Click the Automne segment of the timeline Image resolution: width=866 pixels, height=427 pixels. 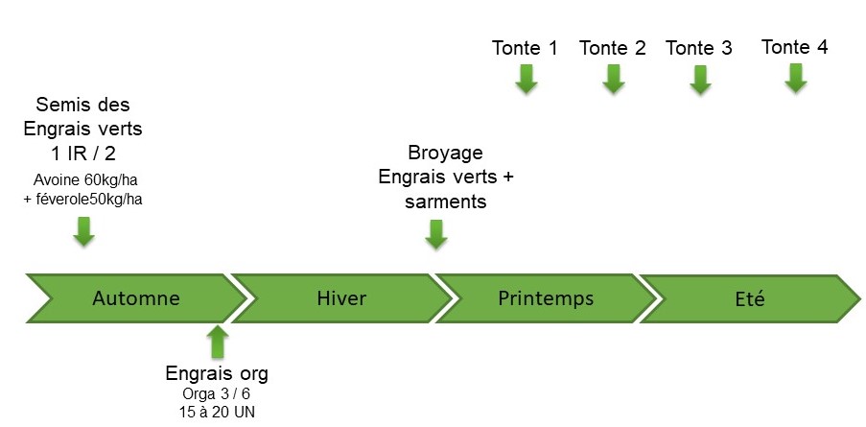coord(135,298)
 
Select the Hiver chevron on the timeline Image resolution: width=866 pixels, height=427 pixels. coord(340,298)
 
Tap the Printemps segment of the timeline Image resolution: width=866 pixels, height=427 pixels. coord(546,298)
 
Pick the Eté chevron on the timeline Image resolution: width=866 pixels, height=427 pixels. coord(750,298)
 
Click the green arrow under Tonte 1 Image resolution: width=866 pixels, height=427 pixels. coord(525,80)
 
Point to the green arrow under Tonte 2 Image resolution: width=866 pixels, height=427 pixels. coord(613,80)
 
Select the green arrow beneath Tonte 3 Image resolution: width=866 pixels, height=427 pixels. coord(700,80)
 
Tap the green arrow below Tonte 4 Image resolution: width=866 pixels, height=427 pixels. coord(794,78)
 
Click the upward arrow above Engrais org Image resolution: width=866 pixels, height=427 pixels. coord(218,342)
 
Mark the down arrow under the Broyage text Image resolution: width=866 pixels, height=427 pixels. coord(436,233)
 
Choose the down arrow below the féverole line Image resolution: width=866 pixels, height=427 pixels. coord(84,231)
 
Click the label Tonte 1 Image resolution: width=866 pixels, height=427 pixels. coord(525,48)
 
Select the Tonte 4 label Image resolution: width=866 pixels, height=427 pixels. coord(794,46)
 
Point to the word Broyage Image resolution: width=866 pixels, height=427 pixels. coord(445,153)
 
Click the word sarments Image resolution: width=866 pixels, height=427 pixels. coord(445,201)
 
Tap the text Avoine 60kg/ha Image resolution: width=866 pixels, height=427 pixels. coord(84,178)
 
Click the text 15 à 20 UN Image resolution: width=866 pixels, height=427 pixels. coord(217,412)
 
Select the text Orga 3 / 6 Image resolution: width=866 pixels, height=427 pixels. coord(217,393)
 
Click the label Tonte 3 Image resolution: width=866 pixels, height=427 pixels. coord(699,48)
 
